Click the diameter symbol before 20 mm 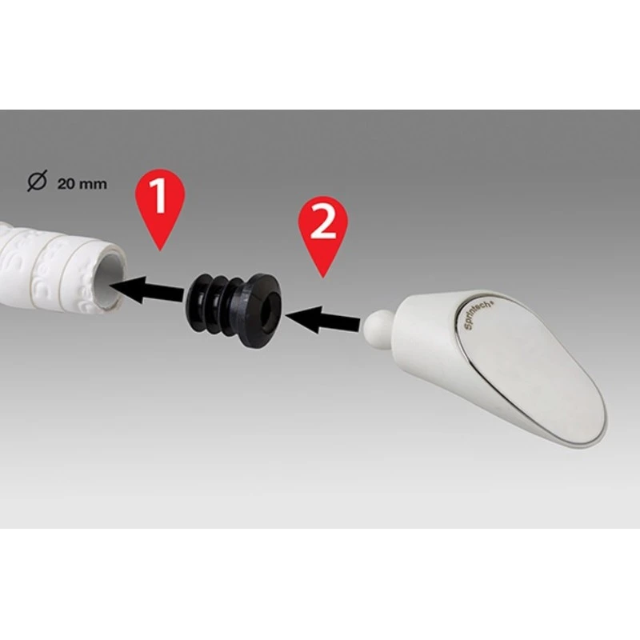click(37, 182)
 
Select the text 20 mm click(82, 183)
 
